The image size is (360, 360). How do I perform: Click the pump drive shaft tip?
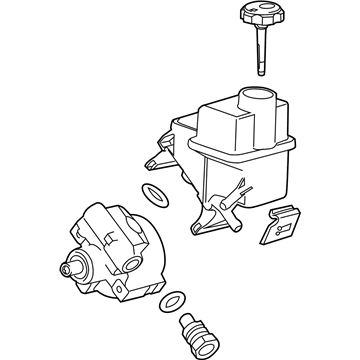(69, 268)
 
